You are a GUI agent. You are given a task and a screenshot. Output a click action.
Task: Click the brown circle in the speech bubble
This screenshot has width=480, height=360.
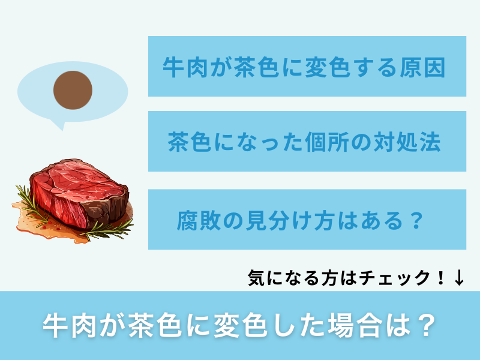coord(73,91)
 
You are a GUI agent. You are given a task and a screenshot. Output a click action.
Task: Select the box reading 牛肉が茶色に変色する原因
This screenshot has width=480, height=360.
coord(307,66)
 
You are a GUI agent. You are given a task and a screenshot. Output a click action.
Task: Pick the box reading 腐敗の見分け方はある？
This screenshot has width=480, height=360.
coord(307,220)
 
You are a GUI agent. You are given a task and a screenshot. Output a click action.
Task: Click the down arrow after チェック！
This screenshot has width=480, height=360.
coord(459,277)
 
